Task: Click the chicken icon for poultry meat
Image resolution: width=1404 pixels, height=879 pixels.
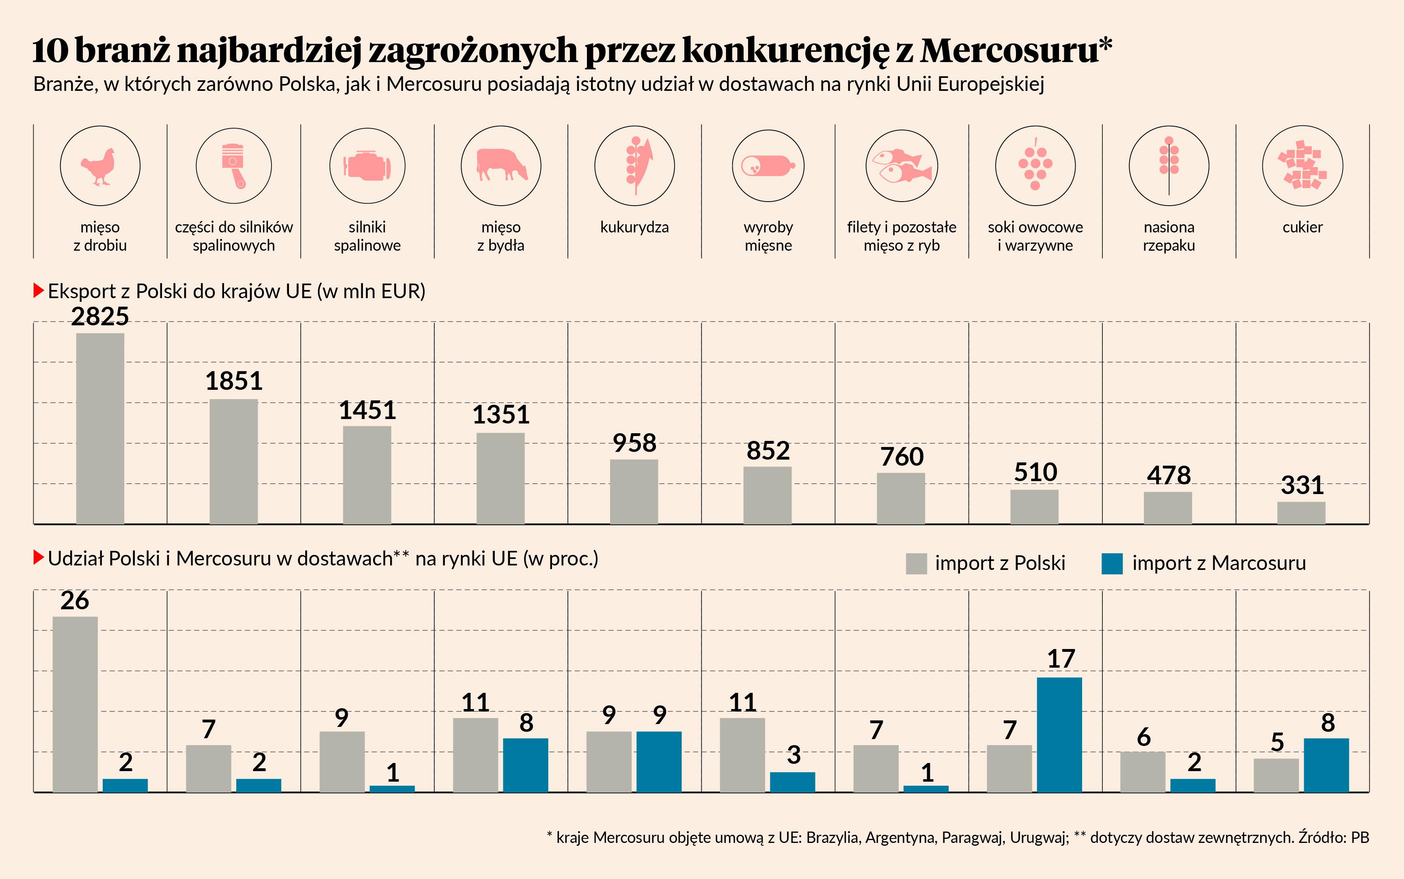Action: [99, 166]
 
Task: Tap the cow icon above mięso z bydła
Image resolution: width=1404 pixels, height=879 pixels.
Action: [501, 165]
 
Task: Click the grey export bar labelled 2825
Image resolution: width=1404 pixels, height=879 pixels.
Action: [100, 428]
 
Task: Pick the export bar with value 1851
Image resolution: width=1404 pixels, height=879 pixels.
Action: [233, 462]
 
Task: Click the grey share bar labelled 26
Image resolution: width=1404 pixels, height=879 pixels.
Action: [75, 704]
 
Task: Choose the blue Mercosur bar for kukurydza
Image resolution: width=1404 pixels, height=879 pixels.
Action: [658, 761]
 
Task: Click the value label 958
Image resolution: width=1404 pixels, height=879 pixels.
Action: [634, 443]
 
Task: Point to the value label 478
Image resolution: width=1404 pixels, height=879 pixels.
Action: [1169, 475]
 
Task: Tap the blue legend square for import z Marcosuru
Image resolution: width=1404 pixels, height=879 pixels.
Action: [1112, 563]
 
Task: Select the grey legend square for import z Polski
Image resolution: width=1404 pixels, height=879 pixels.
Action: [916, 563]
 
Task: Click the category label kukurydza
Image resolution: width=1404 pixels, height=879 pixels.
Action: [634, 227]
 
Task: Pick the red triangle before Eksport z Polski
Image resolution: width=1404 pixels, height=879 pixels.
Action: [39, 291]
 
